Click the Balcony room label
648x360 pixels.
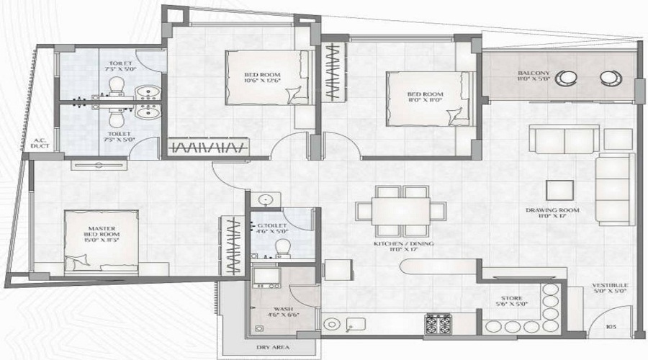534,78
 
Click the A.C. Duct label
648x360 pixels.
39,143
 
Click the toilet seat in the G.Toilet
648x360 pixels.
283,247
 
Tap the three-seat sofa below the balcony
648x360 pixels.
564,136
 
